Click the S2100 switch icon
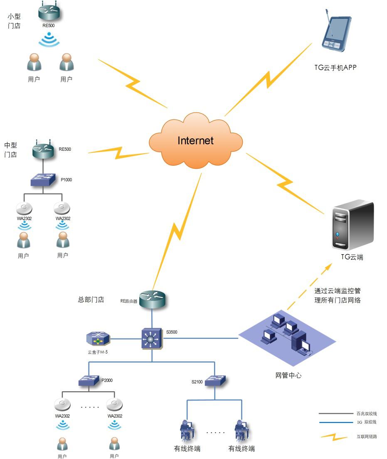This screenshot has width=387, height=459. coord(215,380)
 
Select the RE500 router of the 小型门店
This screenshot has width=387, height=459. coord(49,12)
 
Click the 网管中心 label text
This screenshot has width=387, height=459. coord(288,375)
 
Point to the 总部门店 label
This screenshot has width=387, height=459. coord(91,299)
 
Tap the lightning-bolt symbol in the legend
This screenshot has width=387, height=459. coord(334,437)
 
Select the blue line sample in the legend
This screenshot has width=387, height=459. coord(335,422)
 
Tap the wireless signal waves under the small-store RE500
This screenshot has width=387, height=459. coord(49,40)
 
